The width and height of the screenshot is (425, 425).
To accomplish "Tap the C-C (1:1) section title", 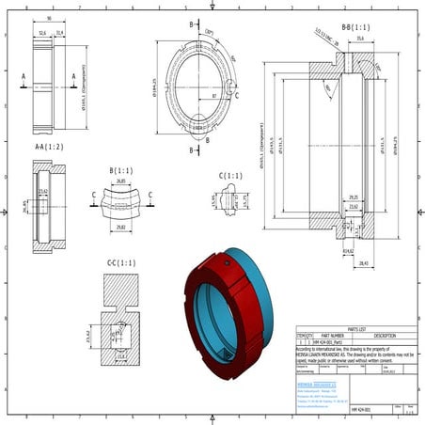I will tap(121, 262).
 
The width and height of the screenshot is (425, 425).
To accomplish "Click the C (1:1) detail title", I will tap(230, 176).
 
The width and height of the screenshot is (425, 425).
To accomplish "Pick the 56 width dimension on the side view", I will tap(48, 18).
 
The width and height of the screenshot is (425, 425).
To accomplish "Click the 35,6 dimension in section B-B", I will tap(358, 39).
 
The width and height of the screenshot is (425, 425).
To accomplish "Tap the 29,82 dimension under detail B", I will tap(119, 227).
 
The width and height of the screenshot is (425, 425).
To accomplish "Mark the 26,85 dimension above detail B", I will tap(119, 181).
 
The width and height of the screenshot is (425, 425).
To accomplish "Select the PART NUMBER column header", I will tap(332, 335).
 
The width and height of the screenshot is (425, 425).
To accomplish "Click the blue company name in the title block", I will tap(315, 384).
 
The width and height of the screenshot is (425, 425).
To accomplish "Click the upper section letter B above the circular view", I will tap(191, 24).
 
